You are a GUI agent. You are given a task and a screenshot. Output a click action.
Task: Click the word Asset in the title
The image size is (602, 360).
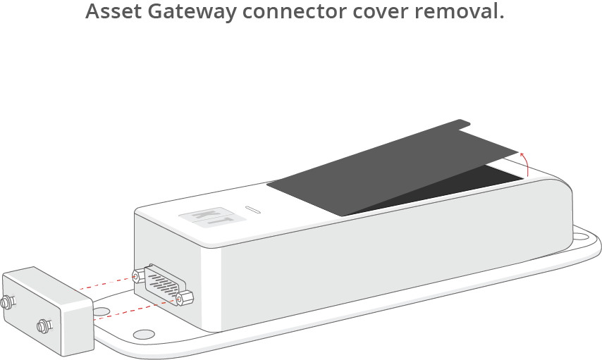113,11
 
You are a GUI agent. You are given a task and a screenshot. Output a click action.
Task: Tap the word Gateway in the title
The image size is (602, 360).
192,12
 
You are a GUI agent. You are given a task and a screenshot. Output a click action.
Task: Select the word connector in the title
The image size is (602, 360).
295,11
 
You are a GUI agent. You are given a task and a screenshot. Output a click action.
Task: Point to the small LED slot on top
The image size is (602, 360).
253,209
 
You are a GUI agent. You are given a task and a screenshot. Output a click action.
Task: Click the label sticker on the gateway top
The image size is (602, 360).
212,217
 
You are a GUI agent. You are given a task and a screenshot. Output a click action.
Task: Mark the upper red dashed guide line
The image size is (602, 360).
107,283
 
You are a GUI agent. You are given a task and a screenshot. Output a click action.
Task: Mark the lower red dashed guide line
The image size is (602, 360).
135,309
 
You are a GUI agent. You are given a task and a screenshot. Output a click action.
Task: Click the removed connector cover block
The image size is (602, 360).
48,311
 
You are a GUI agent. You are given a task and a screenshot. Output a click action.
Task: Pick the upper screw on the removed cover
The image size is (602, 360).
7,302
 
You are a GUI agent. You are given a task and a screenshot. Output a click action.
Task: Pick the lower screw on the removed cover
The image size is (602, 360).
44,326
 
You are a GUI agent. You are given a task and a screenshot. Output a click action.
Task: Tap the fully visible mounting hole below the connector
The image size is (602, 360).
144,334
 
